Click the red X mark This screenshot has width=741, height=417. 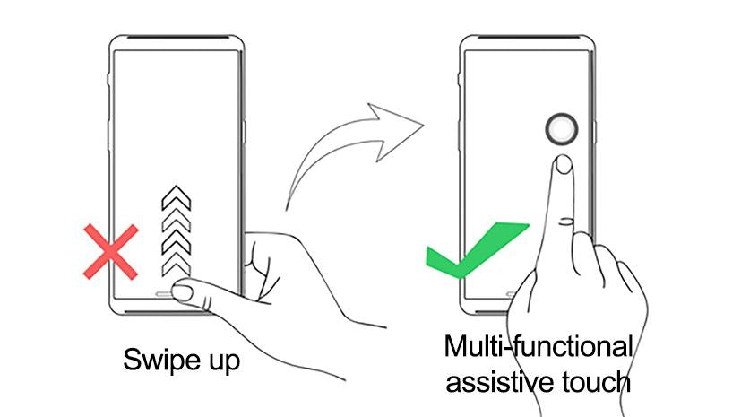point(111,251)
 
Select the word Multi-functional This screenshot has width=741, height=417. point(538,346)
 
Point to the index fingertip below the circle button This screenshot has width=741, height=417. point(563,163)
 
